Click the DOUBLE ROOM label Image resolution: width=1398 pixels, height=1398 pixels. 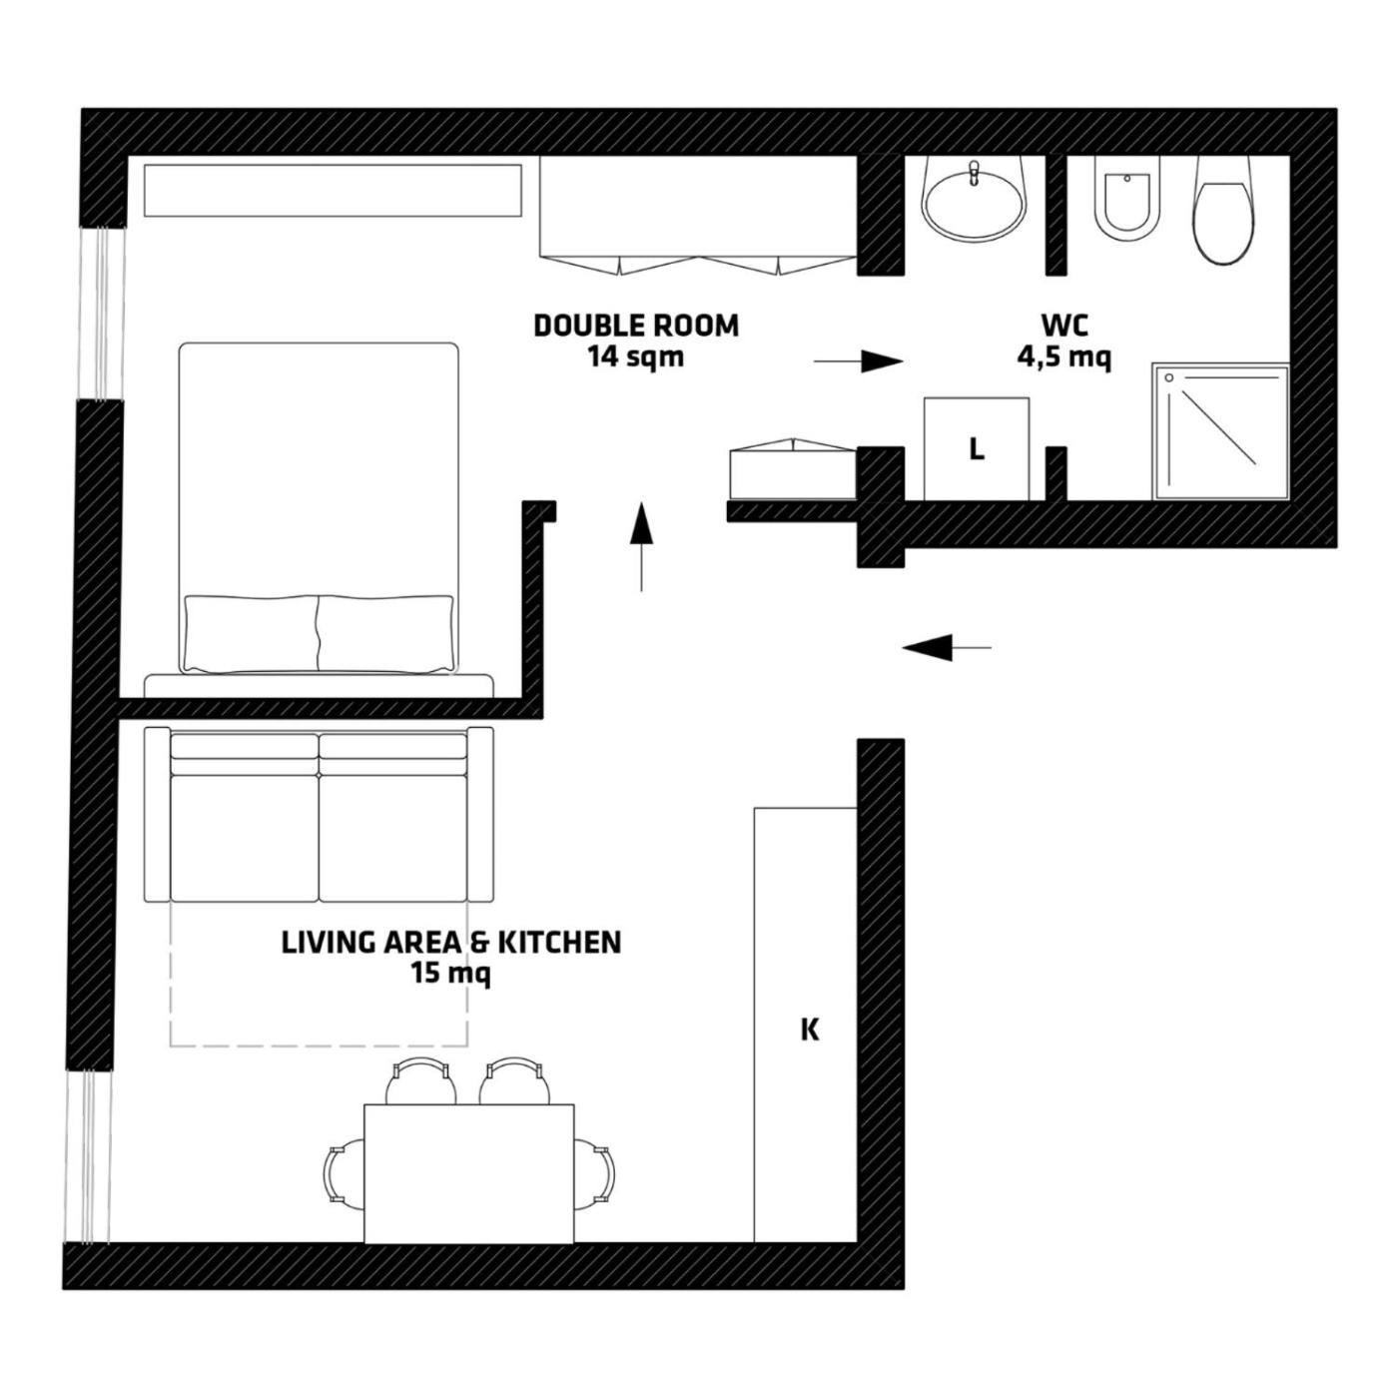[636, 326]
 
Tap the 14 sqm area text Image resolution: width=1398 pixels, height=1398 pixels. [636, 357]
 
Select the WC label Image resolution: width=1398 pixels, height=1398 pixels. [1065, 326]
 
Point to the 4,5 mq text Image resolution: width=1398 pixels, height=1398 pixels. [1064, 358]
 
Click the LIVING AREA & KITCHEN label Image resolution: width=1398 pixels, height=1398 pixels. [451, 943]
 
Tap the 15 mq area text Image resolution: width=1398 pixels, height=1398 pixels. [451, 975]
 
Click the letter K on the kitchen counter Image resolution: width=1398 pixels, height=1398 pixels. [810, 1030]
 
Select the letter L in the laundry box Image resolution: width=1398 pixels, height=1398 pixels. [978, 449]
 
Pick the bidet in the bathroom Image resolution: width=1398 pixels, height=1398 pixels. [1126, 199]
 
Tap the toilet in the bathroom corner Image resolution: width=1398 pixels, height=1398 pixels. [1224, 211]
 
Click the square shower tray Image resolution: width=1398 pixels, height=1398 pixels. [1221, 431]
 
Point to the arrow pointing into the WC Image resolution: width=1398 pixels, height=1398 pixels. [859, 360]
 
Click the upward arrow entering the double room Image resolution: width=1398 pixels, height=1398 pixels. [641, 547]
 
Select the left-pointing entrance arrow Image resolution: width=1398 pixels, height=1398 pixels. [947, 646]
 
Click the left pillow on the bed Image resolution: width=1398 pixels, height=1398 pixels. [252, 634]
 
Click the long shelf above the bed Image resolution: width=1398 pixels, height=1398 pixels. [333, 190]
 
